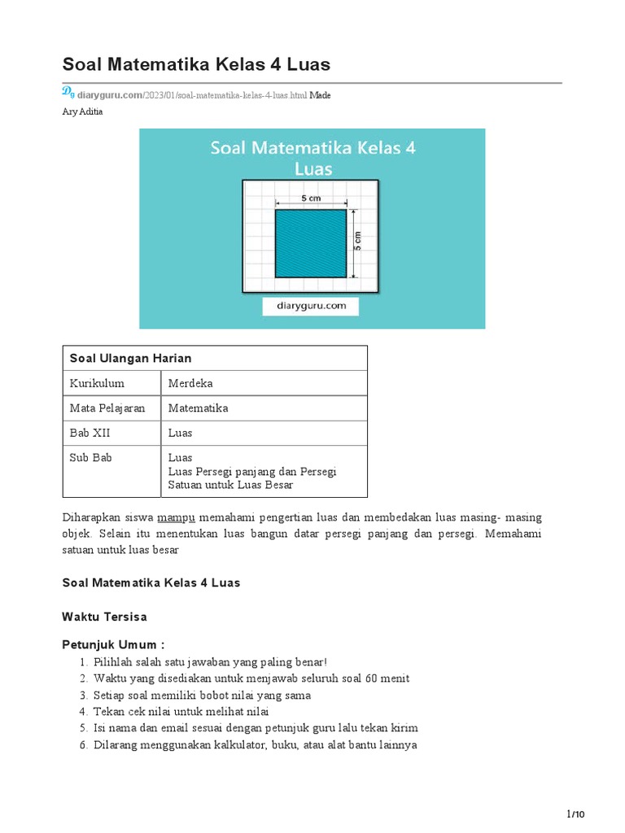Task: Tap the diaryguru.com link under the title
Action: pyautogui.click(x=109, y=95)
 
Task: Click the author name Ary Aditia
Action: pyautogui.click(x=82, y=111)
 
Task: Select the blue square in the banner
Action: pyautogui.click(x=312, y=243)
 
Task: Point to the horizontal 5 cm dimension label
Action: pyautogui.click(x=310, y=198)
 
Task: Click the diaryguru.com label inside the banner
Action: pyautogui.click(x=310, y=306)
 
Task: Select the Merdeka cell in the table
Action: pyautogui.click(x=190, y=383)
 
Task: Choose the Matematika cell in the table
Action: pyautogui.click(x=198, y=408)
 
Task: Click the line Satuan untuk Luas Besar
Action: pyautogui.click(x=230, y=485)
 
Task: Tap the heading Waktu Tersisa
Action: pyautogui.click(x=104, y=617)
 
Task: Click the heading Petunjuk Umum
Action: pyautogui.click(x=113, y=645)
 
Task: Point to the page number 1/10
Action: pyautogui.click(x=575, y=814)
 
